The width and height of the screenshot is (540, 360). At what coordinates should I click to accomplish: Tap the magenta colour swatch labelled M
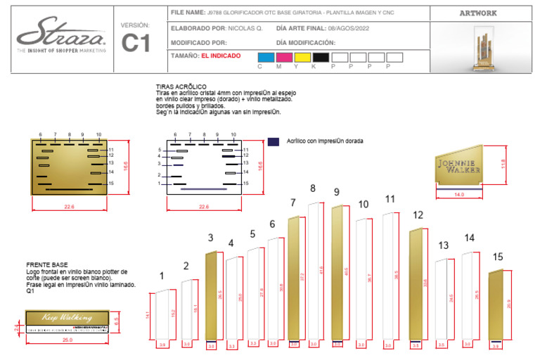[x=285, y=57]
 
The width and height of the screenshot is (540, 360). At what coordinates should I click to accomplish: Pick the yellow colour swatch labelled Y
[x=303, y=57]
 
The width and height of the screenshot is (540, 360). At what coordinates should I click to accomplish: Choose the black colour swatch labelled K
[x=321, y=57]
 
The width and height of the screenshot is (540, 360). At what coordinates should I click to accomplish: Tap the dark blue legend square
[x=273, y=141]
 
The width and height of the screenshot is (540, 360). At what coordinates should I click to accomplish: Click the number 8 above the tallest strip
[x=313, y=188]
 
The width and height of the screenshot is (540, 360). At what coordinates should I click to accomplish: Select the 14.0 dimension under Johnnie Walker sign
[x=459, y=194]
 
